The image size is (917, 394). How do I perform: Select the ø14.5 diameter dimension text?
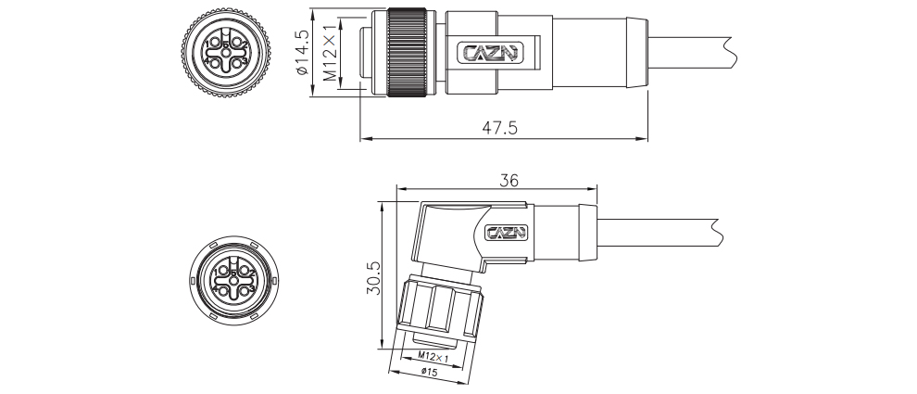302,53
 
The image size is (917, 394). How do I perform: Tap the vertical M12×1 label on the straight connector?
331,53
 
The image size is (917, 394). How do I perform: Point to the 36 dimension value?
509,181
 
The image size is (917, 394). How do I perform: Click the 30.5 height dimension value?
373,277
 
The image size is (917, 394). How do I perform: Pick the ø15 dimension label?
430,373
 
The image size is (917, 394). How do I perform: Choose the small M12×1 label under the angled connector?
433,357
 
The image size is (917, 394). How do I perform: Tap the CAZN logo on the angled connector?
507,233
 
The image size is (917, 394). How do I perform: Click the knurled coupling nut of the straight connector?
406,52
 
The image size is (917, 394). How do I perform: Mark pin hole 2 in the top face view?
237,42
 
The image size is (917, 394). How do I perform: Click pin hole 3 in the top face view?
237,63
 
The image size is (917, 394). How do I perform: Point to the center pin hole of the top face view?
226,53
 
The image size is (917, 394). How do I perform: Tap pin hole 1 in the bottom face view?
223,271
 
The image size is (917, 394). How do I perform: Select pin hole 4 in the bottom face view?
223,291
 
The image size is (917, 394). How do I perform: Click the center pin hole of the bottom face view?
234,281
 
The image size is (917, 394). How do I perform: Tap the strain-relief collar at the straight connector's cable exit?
637,53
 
